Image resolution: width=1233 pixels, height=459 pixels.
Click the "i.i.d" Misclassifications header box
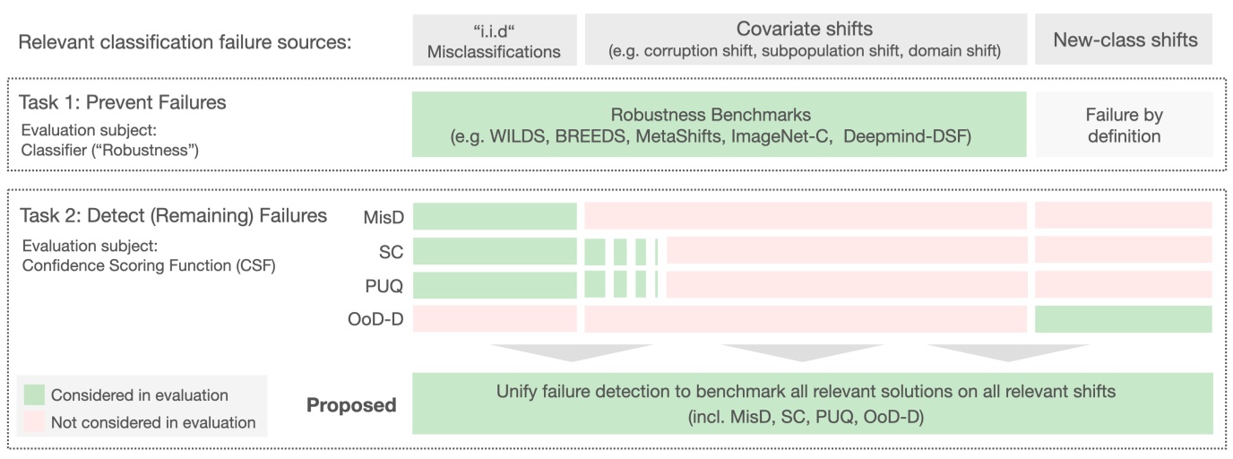click(494, 40)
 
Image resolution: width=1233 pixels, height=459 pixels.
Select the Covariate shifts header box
click(806, 40)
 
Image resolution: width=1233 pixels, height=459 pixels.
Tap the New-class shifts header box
click(1124, 40)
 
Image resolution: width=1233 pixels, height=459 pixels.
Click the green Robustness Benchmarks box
click(719, 126)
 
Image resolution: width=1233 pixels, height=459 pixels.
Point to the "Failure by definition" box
click(1124, 126)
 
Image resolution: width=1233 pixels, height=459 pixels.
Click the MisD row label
click(384, 216)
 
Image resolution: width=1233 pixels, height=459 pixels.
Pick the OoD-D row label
click(379, 319)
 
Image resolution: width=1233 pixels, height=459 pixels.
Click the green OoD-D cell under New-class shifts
click(1124, 319)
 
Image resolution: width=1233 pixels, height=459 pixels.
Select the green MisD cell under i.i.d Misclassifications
click(494, 216)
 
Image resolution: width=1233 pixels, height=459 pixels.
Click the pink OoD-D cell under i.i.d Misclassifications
click(494, 319)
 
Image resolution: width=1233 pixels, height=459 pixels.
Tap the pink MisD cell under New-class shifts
click(1124, 216)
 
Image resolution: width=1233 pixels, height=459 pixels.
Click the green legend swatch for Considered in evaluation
click(33, 395)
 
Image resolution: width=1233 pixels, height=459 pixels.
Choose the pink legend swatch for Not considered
click(33, 422)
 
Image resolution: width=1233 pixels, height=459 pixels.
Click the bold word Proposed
click(351, 405)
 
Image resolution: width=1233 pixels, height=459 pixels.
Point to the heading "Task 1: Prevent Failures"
click(122, 102)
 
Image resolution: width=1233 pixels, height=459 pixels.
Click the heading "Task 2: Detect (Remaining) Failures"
click(173, 215)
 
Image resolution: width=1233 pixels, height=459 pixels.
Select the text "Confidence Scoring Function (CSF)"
click(147, 264)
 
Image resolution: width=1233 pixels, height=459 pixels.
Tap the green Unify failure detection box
click(811, 404)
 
